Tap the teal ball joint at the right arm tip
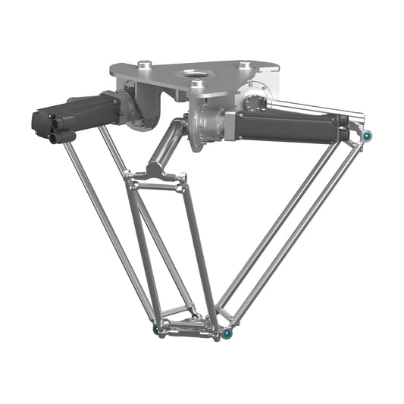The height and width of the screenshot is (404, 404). click(x=366, y=136)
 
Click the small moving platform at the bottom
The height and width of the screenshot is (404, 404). click(x=189, y=326)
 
